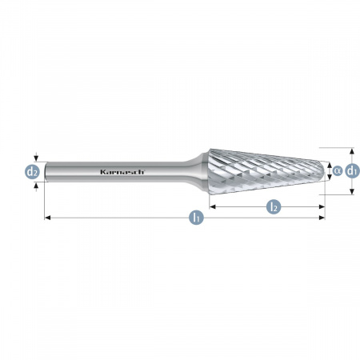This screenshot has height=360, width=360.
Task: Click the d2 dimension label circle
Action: (32, 171)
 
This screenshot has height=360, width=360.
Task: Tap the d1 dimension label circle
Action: (352, 170)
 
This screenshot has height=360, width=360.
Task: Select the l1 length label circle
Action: (196, 218)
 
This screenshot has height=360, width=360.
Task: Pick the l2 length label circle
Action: (274, 206)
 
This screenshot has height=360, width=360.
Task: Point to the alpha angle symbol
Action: (338, 170)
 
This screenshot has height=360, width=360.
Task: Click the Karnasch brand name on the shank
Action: (122, 172)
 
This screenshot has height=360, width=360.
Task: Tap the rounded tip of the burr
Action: (324, 171)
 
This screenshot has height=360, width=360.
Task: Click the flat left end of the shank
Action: (46, 172)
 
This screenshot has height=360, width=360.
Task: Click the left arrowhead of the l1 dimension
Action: (47, 218)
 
